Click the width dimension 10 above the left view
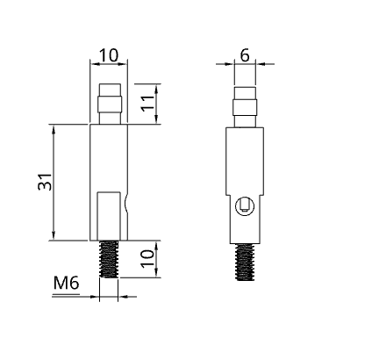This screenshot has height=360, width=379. coord(109,54)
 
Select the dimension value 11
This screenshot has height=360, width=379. coord(149,104)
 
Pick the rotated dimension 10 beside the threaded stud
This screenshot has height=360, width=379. coord(149,259)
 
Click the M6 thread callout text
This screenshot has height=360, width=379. coord(68,283)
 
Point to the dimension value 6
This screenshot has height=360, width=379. coord(245,54)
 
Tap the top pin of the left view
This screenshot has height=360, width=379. coord(109,104)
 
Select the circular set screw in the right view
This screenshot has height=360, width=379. coord(246,207)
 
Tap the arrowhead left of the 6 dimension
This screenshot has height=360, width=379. coord(230,63)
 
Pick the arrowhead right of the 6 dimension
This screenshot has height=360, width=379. coord(261,63)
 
